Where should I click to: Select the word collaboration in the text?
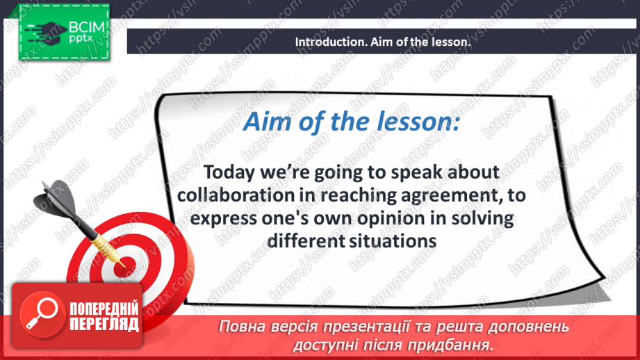coord(236,195)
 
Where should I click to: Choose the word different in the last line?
coord(306,241)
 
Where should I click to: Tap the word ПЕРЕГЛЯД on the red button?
coord(104,325)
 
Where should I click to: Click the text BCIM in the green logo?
coord(87,27)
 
